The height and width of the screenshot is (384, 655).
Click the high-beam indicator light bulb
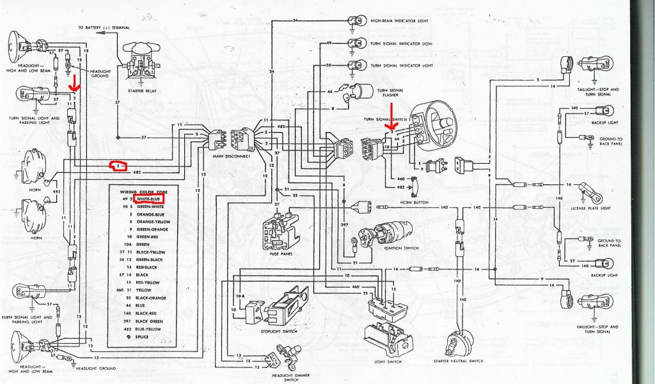coord(353,20)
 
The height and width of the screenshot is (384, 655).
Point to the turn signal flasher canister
coord(366,91)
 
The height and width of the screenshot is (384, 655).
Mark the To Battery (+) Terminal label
coord(104,28)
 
